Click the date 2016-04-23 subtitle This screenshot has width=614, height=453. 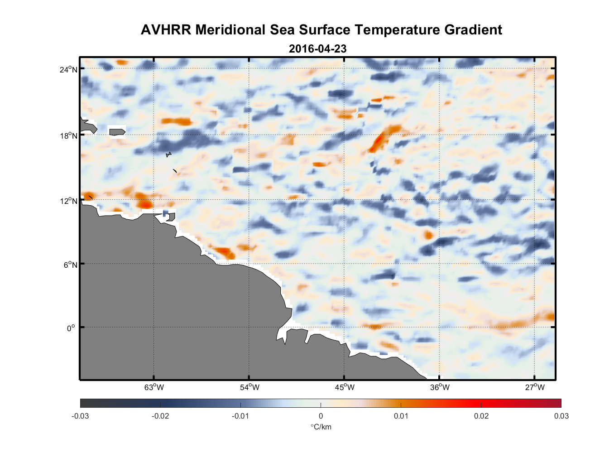pyautogui.click(x=317, y=48)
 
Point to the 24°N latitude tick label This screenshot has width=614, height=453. pyautogui.click(x=69, y=69)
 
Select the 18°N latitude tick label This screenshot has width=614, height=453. pyautogui.click(x=69, y=135)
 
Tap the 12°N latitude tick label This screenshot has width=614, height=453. pyautogui.click(x=69, y=201)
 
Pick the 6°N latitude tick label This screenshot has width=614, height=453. pyautogui.click(x=70, y=265)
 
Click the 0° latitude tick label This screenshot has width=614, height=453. pyautogui.click(x=71, y=328)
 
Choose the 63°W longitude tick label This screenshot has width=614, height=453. pyautogui.click(x=154, y=387)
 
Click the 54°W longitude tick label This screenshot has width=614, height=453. pyautogui.click(x=249, y=387)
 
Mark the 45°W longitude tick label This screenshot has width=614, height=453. pyautogui.click(x=345, y=387)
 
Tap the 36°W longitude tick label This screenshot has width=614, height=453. pyautogui.click(x=440, y=387)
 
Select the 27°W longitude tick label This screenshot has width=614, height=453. pyautogui.click(x=535, y=387)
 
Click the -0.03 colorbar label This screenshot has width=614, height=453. pyautogui.click(x=80, y=416)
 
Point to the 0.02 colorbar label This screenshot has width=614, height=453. pyautogui.click(x=481, y=416)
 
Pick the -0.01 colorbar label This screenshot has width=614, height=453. pyautogui.click(x=240, y=416)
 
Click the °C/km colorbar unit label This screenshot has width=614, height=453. pyautogui.click(x=321, y=427)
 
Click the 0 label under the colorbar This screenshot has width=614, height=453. pyautogui.click(x=321, y=416)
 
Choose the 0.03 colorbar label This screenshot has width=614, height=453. pyautogui.click(x=561, y=416)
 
